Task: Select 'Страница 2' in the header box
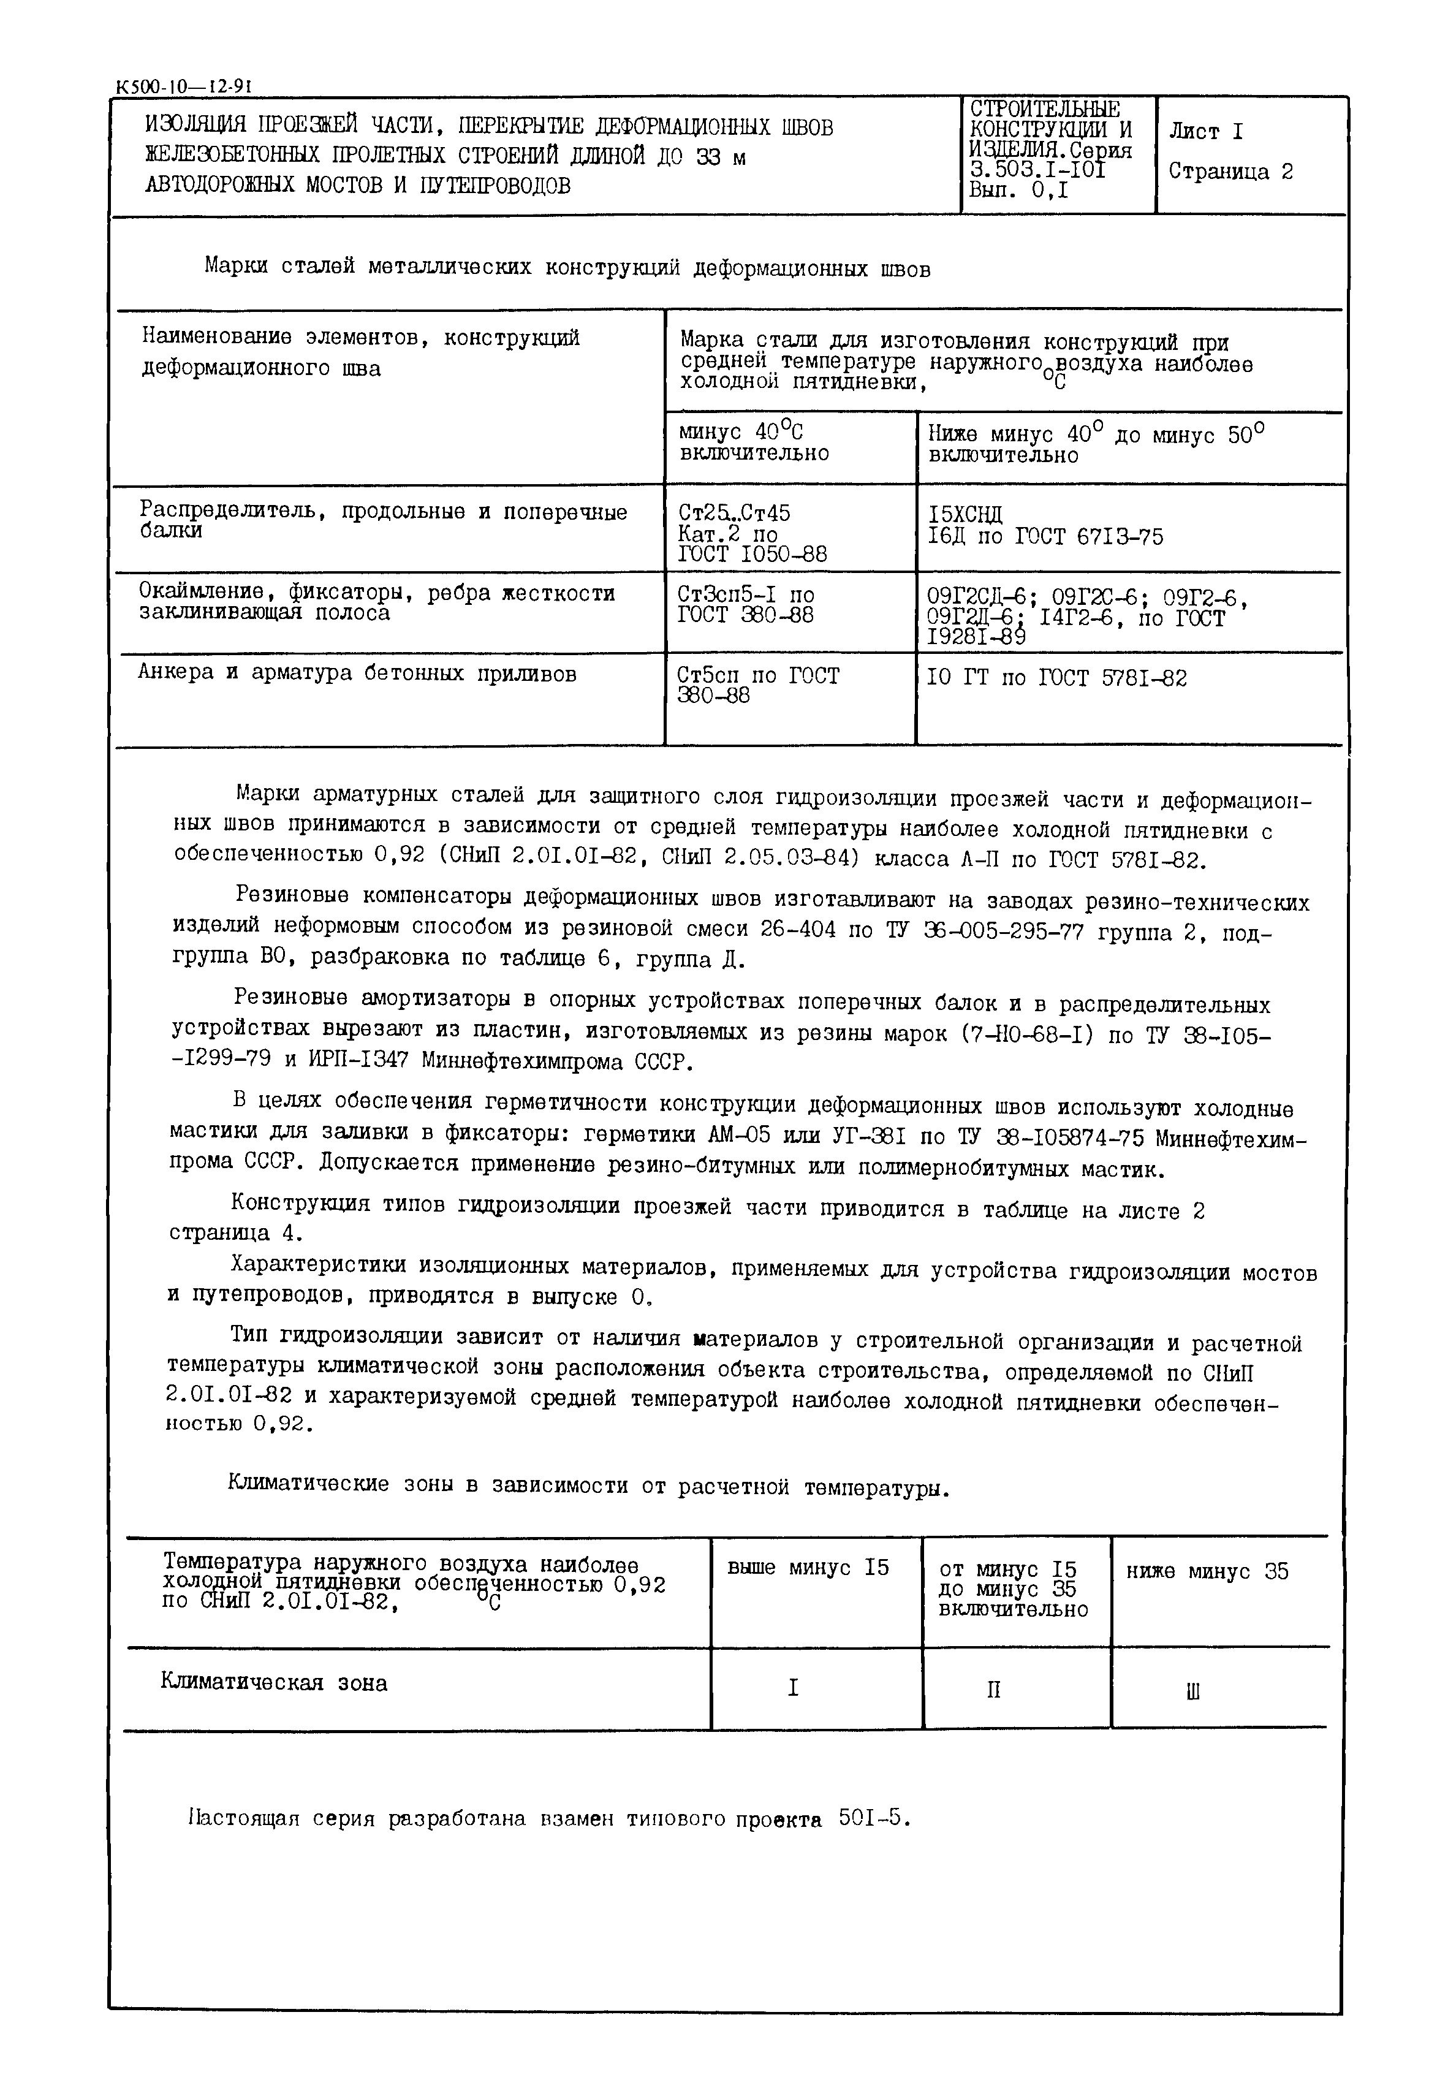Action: pos(1230,172)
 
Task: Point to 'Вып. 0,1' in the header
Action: pos(1018,191)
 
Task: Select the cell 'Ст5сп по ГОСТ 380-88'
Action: pos(759,686)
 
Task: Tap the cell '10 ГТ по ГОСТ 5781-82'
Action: pos(1056,678)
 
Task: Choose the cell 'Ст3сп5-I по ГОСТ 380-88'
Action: pos(746,605)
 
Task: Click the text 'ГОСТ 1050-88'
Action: pos(752,554)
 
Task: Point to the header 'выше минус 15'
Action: pos(808,1568)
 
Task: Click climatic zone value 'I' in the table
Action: pos(793,1688)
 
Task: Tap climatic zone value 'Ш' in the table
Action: pos(1193,1691)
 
